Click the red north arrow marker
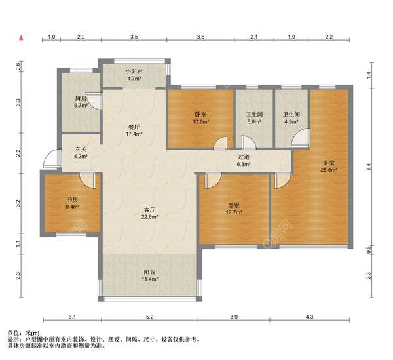22,38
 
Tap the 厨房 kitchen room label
81,98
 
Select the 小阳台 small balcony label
134,71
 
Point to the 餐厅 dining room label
134,127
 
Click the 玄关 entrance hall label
81,150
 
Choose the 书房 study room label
73,200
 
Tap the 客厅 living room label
149,209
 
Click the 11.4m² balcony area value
149,279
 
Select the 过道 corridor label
244,157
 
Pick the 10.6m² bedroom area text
200,122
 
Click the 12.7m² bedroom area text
234,212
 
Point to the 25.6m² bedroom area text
329,170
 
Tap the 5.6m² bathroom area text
254,122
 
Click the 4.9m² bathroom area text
291,122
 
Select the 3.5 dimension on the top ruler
134,37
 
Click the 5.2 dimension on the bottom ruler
149,317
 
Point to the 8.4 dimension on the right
368,167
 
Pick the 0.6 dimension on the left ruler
18,66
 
